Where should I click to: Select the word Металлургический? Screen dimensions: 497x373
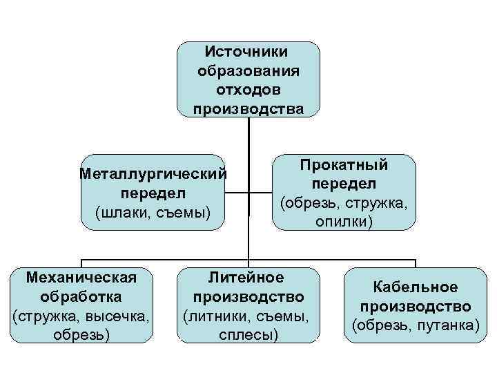pyautogui.click(x=153, y=173)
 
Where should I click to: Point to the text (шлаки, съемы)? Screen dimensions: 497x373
pyautogui.click(x=153, y=210)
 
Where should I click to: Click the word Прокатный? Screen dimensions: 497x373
pyautogui.click(x=344, y=165)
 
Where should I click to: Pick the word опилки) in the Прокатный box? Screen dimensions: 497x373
pyautogui.click(x=344, y=221)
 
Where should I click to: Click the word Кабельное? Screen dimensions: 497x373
pyautogui.click(x=416, y=287)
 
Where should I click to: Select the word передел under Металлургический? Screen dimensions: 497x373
pyautogui.click(x=153, y=191)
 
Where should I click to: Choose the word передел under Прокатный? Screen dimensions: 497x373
pyautogui.click(x=344, y=184)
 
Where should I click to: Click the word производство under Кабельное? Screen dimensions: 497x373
pyautogui.click(x=416, y=306)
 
